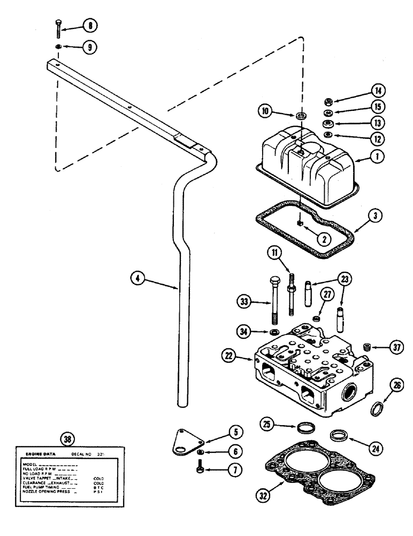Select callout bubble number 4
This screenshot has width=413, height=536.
tap(137, 278)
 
